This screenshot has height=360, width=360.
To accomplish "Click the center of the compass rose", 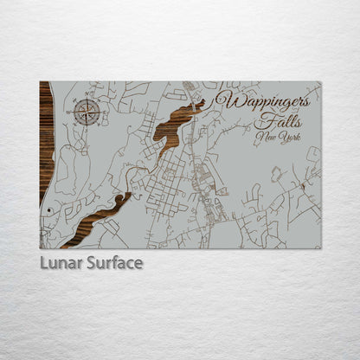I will click(87, 112).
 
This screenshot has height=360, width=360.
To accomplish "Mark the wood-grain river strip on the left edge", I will click(45, 138).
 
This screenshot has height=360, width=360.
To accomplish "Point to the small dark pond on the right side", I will click(302, 185).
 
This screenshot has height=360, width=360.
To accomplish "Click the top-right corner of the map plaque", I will click(320, 82).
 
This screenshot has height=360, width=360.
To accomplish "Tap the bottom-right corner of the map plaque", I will click(320, 248).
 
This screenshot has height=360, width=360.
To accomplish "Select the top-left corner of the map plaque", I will click(40, 82).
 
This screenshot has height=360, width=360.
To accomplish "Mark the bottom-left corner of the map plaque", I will click(40, 248).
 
